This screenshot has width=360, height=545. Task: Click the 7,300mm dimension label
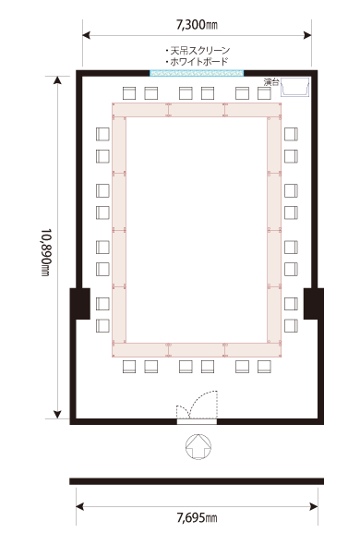(197, 25)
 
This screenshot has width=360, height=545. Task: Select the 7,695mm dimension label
(197, 518)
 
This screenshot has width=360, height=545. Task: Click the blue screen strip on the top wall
(197, 73)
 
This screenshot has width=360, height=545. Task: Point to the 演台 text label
(271, 82)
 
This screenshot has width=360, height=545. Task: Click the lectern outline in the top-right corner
(295, 87)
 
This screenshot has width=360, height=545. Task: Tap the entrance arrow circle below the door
(198, 446)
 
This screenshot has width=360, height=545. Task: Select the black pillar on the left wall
(80, 303)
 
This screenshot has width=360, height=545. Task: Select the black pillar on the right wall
(314, 303)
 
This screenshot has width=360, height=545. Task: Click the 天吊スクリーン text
(198, 51)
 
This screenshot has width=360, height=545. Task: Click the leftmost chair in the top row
(129, 93)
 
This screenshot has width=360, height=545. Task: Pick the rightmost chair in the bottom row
(264, 367)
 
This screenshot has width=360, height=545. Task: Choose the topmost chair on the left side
(102, 134)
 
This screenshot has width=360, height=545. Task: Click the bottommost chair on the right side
(291, 326)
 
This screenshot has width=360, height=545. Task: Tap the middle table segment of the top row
(197, 110)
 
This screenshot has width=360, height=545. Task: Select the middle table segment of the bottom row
(197, 350)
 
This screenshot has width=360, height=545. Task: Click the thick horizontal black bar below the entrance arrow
(197, 481)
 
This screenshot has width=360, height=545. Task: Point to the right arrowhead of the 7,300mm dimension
(307, 35)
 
